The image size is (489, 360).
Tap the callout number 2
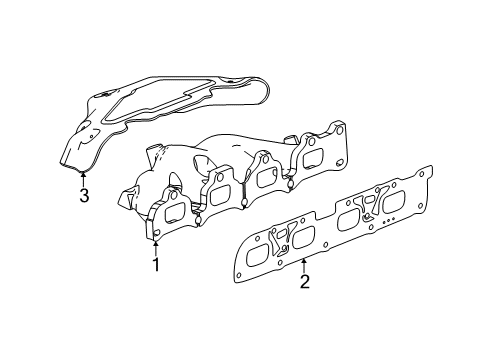coord(304,281)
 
